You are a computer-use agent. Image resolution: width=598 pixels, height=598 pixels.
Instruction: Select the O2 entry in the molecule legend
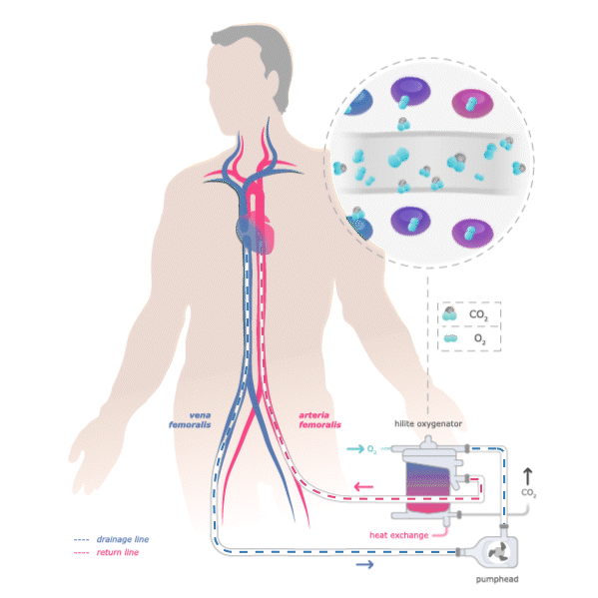click(469, 339)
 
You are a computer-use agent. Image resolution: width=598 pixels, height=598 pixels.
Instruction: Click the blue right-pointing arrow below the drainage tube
click(365, 565)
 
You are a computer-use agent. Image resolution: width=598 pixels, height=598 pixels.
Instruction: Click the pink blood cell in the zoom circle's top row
click(473, 103)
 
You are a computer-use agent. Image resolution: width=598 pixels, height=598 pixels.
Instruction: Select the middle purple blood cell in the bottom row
click(410, 221)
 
